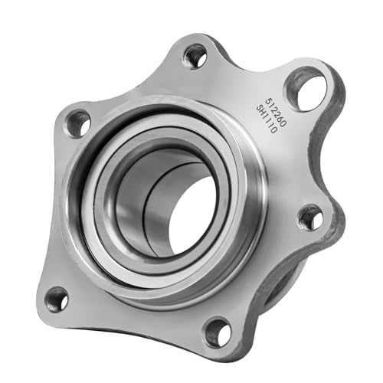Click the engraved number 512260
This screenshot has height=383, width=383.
[276, 111]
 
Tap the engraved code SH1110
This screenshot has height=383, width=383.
[267, 120]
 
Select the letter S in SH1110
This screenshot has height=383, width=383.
[259, 109]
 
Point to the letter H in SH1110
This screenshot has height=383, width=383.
[263, 114]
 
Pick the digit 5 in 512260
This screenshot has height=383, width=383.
[268, 100]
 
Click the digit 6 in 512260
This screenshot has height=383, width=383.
[280, 118]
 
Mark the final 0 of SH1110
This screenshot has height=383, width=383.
[273, 131]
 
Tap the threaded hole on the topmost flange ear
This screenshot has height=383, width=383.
[195, 56]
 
